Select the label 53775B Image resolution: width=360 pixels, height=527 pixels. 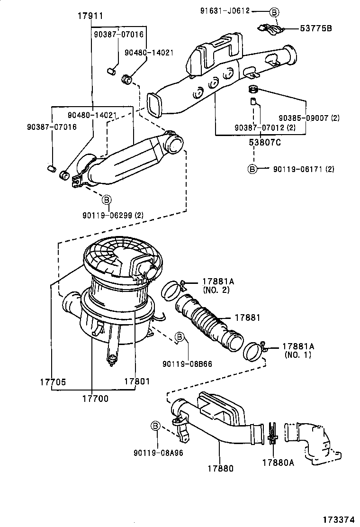316,29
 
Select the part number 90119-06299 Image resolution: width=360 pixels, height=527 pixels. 113,215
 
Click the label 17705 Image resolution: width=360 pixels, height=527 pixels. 52,381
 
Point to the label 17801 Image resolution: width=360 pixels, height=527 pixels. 137,381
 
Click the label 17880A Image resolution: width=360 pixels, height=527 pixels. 278,463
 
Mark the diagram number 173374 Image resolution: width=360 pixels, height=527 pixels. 339,519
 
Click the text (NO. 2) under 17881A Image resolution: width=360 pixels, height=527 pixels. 216,289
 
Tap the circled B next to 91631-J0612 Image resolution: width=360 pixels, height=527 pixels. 274,11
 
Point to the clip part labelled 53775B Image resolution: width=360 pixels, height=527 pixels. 270,29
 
